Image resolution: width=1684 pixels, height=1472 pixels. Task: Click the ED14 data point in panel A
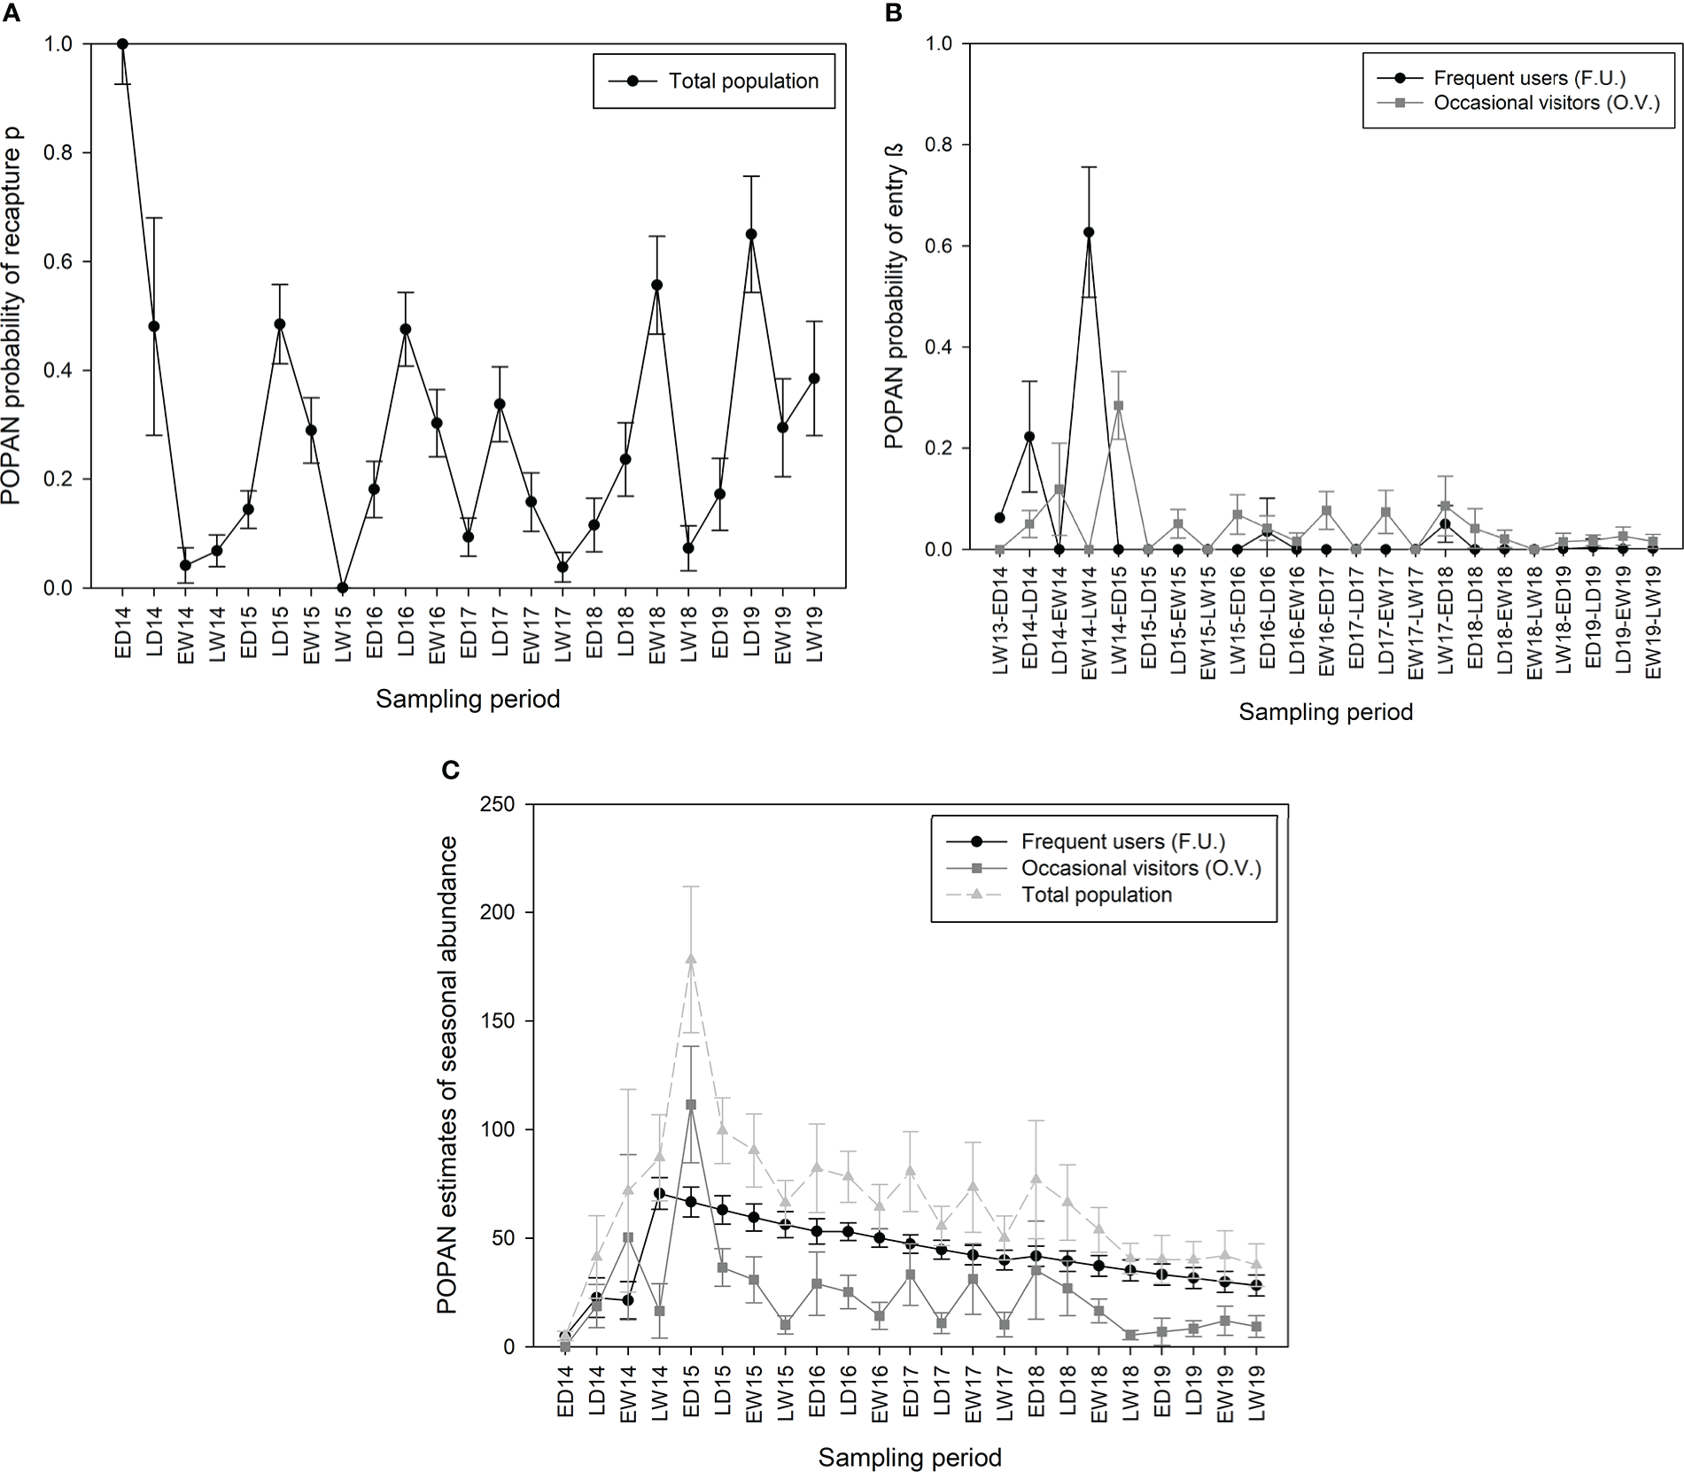pos(122,44)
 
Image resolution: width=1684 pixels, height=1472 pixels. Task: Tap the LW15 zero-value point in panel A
pos(343,587)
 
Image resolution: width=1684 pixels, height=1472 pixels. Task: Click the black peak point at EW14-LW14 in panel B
pos(1089,232)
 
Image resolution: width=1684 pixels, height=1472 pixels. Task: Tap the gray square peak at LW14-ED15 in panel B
pos(1118,406)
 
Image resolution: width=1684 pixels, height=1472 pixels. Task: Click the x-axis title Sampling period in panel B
pos(1325,711)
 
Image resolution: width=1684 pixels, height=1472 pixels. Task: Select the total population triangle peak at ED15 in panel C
pos(691,958)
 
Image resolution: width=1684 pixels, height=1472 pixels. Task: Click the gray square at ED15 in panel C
pos(691,1104)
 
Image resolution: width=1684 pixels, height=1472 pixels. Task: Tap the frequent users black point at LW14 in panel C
pos(659,1193)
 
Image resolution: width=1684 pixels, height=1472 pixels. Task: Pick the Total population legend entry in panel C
pos(1096,895)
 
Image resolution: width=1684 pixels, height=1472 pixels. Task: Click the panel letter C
pos(450,771)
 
